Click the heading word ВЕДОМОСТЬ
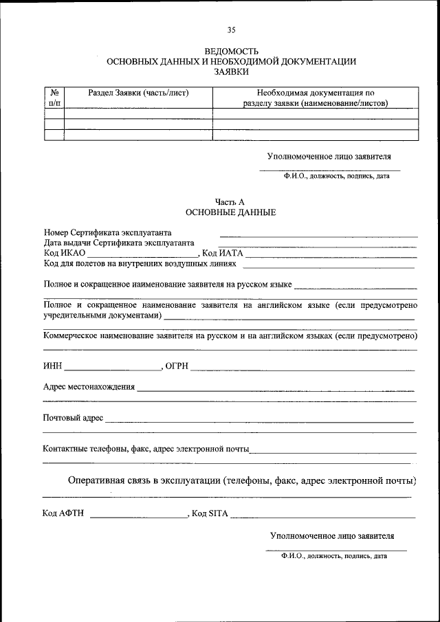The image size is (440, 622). coord(231,52)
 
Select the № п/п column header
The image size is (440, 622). coord(54,98)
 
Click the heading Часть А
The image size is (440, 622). coord(230,202)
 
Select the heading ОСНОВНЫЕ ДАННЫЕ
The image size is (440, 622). coord(231,212)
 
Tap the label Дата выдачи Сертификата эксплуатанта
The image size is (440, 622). coord(119,243)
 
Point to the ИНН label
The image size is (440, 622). coord(52,365)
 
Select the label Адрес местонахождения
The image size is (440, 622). coord(89,387)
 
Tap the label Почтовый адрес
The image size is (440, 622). coord(73,417)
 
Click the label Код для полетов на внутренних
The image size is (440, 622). coord(140,263)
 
